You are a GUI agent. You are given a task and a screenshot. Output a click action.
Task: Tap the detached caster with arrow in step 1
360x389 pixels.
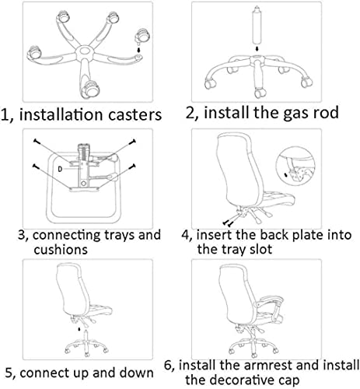(x=141, y=37)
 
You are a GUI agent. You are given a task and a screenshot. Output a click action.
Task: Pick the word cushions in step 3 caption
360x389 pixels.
(x=44, y=250)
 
